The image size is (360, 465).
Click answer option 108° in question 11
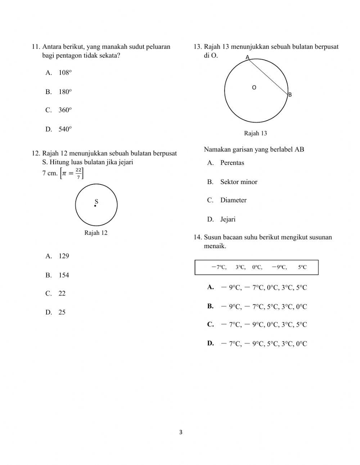click(x=65, y=73)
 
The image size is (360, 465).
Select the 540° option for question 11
click(x=65, y=129)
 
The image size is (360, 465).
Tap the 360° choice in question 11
click(x=65, y=110)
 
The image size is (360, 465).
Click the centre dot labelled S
click(x=95, y=206)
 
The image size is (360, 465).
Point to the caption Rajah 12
click(x=96, y=233)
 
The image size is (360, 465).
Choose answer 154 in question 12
click(x=64, y=275)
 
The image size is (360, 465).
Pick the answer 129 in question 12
click(x=64, y=256)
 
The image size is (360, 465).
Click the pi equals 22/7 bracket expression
click(x=72, y=173)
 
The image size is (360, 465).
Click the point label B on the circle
click(x=290, y=95)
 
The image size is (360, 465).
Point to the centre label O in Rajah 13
click(x=254, y=88)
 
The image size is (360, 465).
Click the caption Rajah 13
click(x=255, y=134)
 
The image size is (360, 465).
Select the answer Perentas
click(x=232, y=163)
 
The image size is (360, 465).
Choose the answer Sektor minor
click(x=239, y=182)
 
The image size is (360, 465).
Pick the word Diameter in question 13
click(x=233, y=200)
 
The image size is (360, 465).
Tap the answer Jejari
click(x=228, y=219)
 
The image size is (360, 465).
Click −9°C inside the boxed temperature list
click(x=279, y=267)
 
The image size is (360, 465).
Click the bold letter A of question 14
click(x=211, y=287)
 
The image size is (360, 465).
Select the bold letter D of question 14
click(x=211, y=343)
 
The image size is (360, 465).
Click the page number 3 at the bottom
click(x=181, y=432)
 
